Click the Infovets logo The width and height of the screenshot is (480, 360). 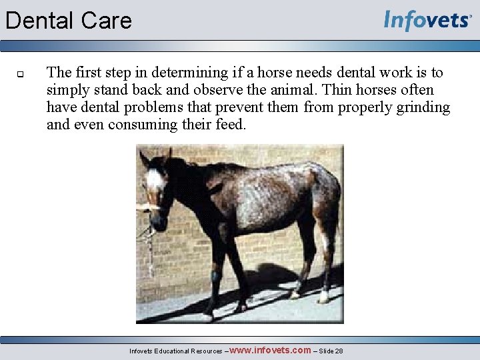[427, 21]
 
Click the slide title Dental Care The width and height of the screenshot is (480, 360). [69, 21]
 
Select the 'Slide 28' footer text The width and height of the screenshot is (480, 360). [331, 351]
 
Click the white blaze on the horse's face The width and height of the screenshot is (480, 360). [155, 179]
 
